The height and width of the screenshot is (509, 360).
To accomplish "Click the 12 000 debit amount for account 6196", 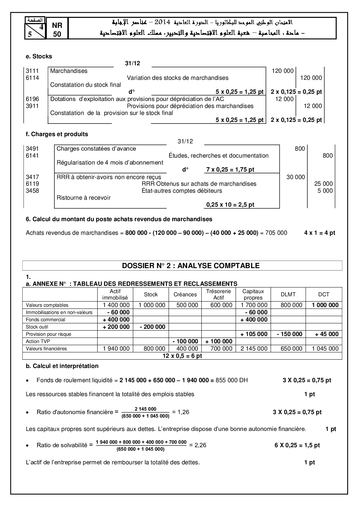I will pos(284,99).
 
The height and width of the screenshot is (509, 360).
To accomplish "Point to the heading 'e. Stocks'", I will pos(39,56).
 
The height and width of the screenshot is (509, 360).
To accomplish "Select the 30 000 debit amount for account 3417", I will pos(296,177).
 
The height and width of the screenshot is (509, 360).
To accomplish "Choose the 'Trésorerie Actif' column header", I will pos(218,294).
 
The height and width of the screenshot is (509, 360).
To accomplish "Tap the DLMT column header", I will pos(288,294).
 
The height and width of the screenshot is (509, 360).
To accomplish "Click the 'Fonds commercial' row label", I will pos(45,320).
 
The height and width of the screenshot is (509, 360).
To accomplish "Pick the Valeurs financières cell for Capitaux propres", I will pos(253,349).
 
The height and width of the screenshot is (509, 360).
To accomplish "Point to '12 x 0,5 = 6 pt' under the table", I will pos(182,356).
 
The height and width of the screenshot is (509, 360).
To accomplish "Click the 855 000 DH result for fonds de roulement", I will pos(232,380).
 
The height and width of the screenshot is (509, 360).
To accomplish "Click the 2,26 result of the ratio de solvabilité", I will pos(200,445).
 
